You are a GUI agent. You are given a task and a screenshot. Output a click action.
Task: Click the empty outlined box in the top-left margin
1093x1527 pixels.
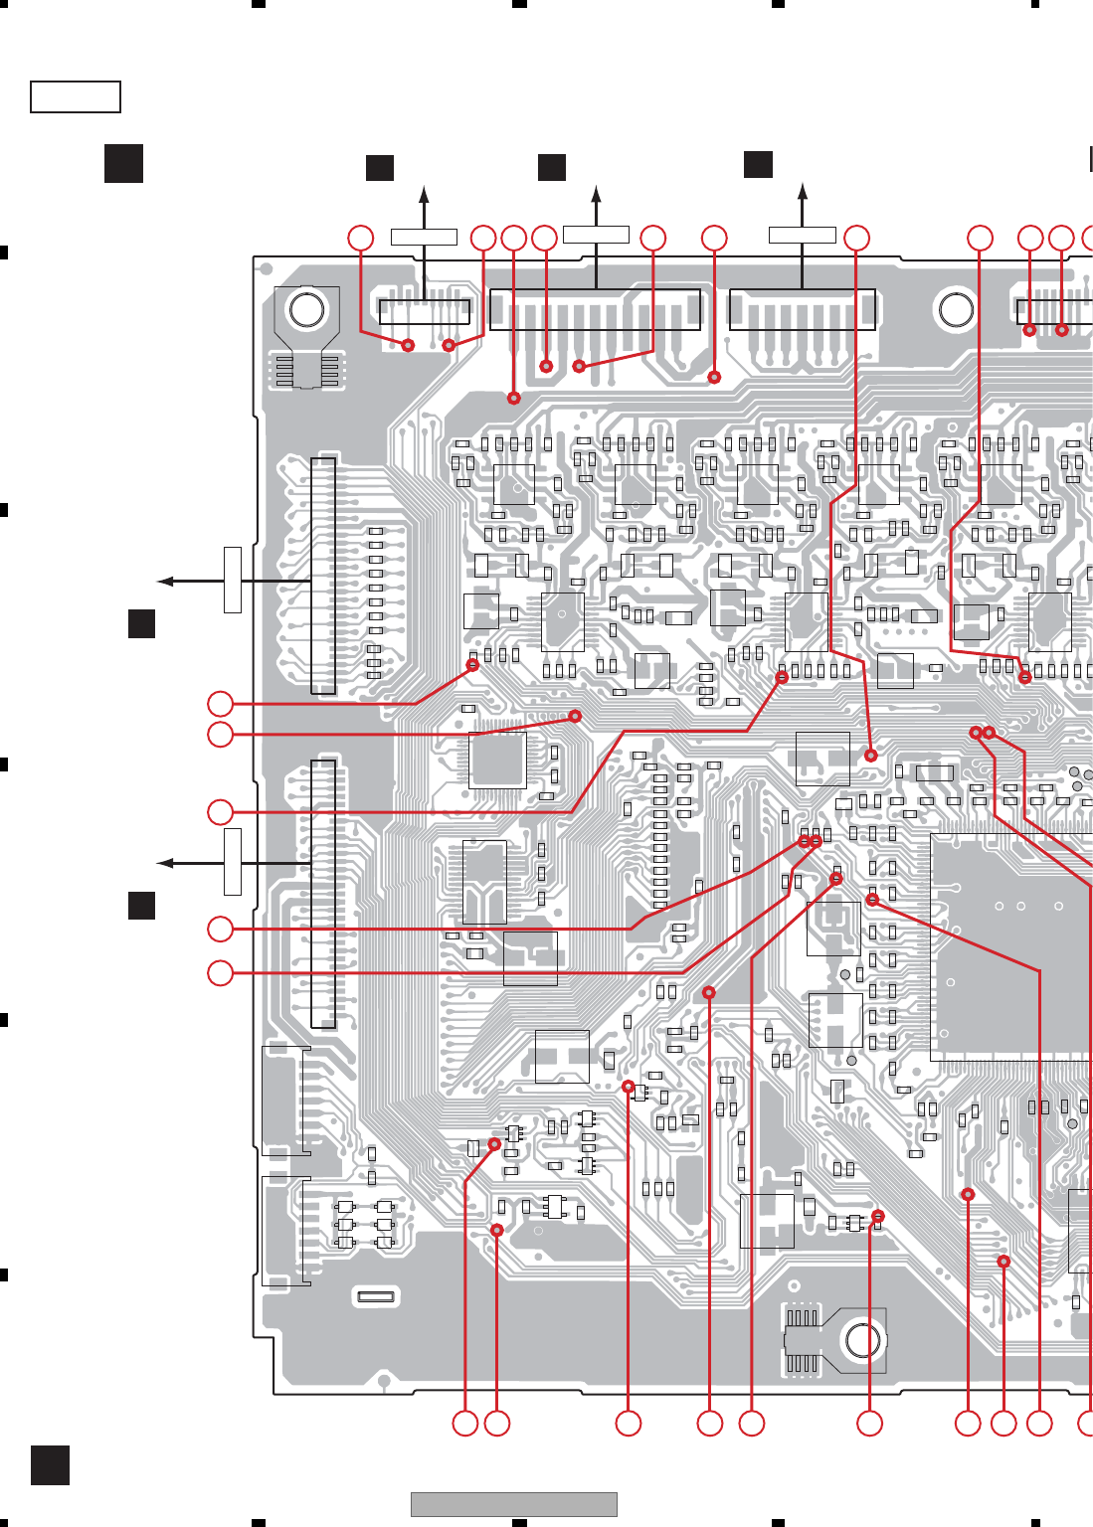click(76, 97)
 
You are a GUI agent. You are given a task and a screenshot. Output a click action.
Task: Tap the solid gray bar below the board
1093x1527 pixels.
click(513, 1504)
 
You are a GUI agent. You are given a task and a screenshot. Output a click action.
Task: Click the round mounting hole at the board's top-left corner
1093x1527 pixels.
click(306, 310)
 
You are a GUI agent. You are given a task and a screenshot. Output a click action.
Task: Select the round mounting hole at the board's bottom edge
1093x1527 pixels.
click(862, 1341)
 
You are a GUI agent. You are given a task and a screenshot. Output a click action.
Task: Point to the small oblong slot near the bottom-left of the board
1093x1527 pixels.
click(377, 1296)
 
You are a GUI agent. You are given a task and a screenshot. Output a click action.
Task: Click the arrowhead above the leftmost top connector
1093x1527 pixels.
click(425, 194)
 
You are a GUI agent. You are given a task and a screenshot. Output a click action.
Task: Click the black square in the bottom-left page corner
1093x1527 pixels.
click(50, 1465)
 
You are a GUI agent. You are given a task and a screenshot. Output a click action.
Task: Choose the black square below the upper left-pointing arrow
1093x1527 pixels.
click(141, 623)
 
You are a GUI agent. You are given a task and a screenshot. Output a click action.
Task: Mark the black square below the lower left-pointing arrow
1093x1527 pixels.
click(141, 906)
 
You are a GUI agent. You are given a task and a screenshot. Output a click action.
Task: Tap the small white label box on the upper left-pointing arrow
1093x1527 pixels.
click(233, 580)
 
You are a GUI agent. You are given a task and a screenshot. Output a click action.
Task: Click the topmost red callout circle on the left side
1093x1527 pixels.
click(220, 704)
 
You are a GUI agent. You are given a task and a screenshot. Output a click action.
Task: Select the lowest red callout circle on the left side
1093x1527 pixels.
click(220, 972)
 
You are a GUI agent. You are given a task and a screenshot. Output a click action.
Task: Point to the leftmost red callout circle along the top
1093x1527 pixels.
click(360, 238)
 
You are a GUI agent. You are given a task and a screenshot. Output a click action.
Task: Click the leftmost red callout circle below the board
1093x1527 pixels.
click(464, 1424)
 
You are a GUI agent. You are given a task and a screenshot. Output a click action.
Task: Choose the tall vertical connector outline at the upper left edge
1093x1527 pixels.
click(323, 576)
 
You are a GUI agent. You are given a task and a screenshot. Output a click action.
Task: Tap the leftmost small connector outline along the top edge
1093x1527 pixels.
click(425, 310)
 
